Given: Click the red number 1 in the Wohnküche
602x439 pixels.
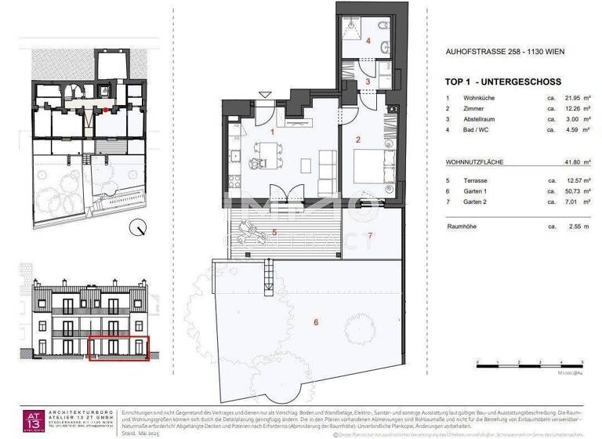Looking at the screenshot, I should (272, 132).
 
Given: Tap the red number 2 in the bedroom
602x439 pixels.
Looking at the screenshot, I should (357, 140).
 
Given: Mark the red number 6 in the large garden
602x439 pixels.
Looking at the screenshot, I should (316, 321).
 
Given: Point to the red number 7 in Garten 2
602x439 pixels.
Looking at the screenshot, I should (371, 235).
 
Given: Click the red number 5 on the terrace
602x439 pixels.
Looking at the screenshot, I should (274, 232).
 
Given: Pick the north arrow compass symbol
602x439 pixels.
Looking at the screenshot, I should (139, 229).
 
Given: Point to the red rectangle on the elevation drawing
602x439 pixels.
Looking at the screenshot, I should (118, 347).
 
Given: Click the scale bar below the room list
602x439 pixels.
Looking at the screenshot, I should (529, 364).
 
